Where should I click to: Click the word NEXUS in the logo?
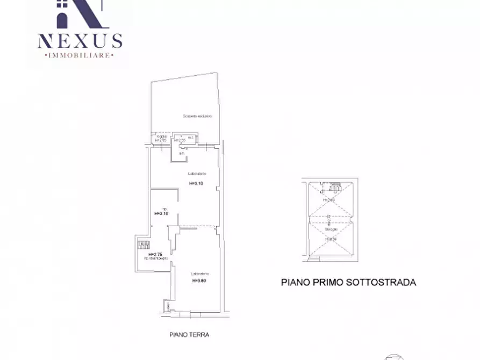pos(80,40)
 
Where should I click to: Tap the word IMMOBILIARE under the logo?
pos(80,55)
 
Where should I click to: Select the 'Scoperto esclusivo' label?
pos(197,116)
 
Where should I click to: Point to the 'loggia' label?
pos(161,136)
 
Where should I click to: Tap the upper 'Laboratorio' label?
pos(197,174)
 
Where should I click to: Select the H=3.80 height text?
pos(199,280)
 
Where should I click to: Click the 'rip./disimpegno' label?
pos(156,259)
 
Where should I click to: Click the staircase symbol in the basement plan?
pos(334,189)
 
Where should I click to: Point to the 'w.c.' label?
pos(191,137)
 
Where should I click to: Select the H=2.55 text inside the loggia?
pos(180,140)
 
